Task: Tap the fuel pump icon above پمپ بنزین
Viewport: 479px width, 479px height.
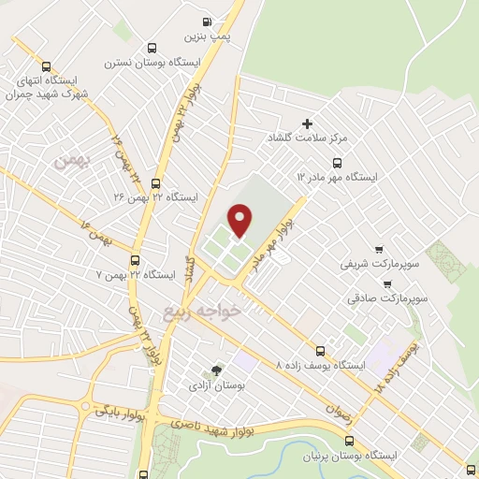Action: point(207,21)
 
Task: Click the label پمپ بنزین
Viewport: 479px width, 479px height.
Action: point(207,36)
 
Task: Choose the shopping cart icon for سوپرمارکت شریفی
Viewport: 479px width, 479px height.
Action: point(379,250)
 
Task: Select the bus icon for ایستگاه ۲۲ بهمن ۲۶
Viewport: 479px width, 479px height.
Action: point(154,183)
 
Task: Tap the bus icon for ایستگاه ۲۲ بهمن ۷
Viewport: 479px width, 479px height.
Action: point(136,261)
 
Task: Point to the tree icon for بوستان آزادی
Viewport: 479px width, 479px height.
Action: point(218,370)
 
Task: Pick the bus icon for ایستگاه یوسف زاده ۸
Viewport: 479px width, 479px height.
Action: point(322,350)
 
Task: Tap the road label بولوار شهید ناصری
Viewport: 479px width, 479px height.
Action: point(211,429)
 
